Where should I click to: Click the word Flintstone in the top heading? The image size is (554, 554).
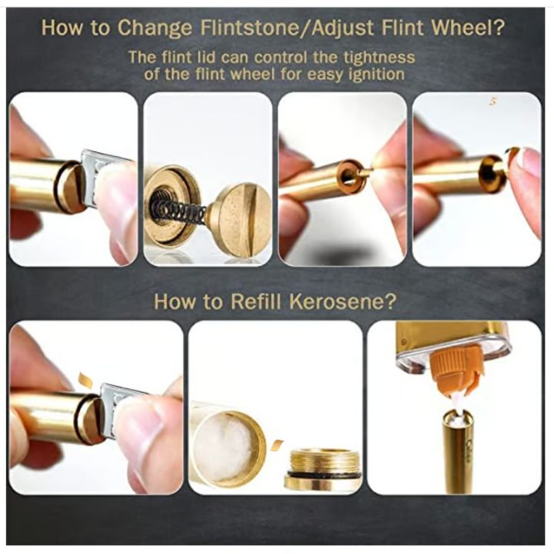click(249, 28)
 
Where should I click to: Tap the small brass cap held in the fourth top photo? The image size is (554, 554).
click(512, 156)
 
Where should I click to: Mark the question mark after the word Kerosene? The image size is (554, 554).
click(389, 302)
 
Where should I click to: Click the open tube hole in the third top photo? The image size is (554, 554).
click(348, 175)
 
